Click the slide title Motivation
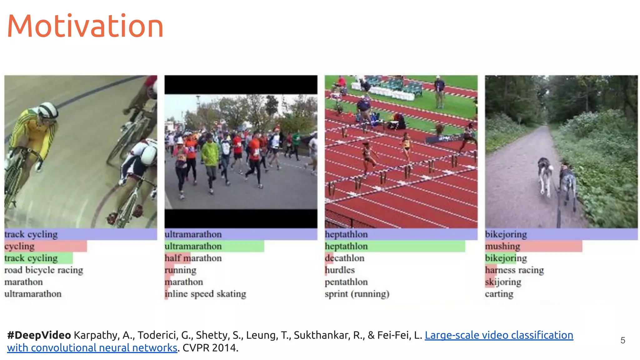[x=85, y=26]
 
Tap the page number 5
[x=622, y=340]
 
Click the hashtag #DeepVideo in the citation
[x=39, y=335]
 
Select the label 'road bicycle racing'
[x=44, y=270]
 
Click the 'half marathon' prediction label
[x=193, y=258]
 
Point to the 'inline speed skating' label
[x=205, y=294]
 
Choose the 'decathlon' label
[x=344, y=258]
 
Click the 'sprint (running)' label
[x=357, y=294]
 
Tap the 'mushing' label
[x=502, y=246]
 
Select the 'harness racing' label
[x=514, y=270]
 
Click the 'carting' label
[x=499, y=294]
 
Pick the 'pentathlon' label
[x=346, y=282]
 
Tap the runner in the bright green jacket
[x=210, y=153]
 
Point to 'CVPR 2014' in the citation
[x=210, y=348]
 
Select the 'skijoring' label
[x=503, y=282]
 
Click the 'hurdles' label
[x=340, y=270]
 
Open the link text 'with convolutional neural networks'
[x=92, y=348]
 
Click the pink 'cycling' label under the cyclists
[x=19, y=246]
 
